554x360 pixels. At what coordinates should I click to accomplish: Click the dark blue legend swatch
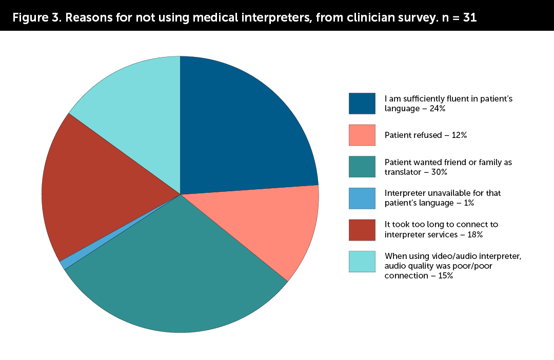[x=362, y=103]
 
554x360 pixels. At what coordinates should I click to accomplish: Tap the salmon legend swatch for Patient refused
[x=362, y=135]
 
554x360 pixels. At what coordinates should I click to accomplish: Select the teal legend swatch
[x=362, y=167]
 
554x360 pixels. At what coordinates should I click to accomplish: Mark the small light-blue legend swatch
[x=362, y=198]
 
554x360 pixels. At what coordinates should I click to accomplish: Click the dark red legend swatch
[x=362, y=230]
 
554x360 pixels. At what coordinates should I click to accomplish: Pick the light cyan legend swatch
[x=362, y=262]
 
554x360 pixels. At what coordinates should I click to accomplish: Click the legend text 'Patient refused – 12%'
[x=425, y=135]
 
